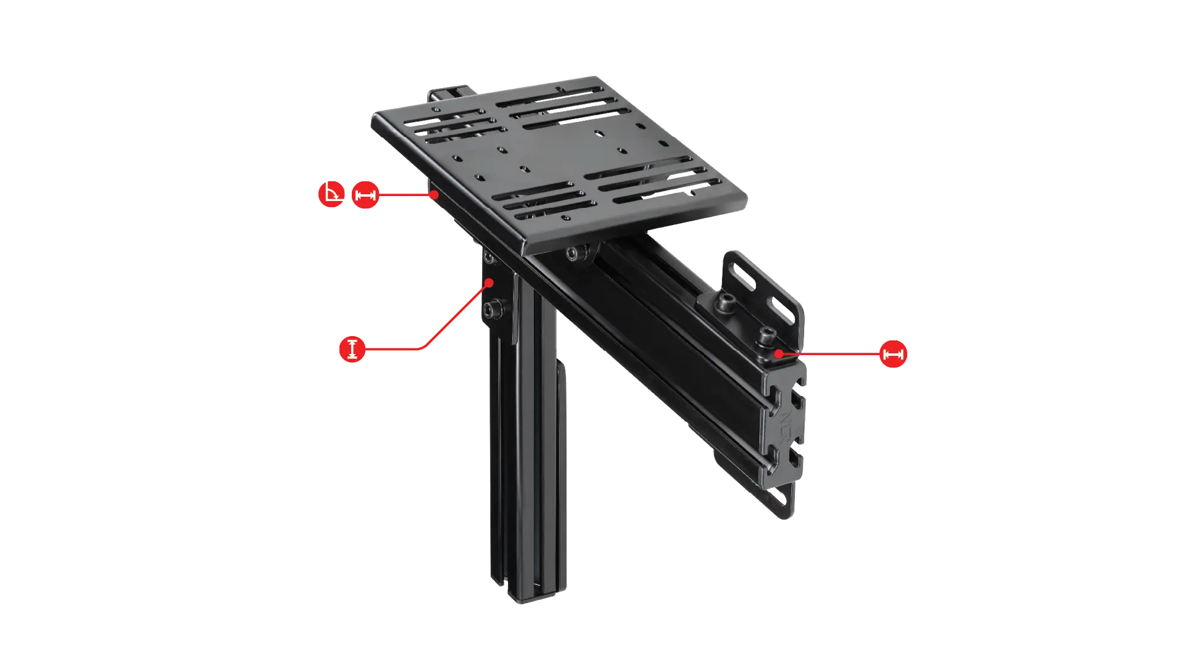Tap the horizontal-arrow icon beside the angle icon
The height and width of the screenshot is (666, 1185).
[x=365, y=196]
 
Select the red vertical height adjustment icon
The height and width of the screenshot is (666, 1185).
[x=351, y=349]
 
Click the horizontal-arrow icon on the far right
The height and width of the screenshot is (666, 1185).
[x=892, y=355]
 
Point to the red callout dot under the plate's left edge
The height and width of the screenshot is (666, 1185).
[x=435, y=195]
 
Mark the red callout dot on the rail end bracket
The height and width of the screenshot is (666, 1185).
[x=780, y=353]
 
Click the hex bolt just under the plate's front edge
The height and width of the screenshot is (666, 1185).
[x=577, y=253]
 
